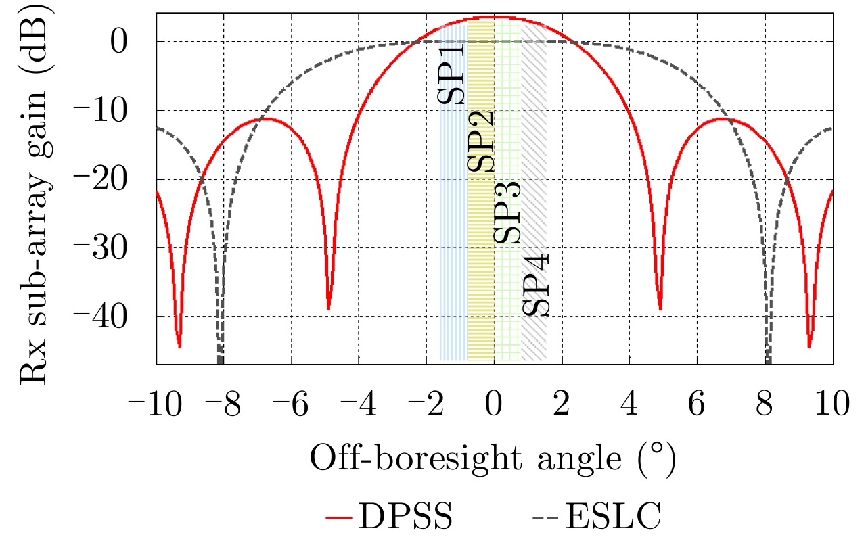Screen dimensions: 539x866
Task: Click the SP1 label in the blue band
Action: pos(451,72)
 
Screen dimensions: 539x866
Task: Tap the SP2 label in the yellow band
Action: pos(480,142)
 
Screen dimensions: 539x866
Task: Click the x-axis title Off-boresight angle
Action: pos(493,460)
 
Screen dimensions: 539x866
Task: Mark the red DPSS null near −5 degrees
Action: pos(328,308)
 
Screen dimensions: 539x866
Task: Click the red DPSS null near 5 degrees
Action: pos(660,308)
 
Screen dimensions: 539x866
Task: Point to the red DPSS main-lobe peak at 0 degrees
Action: pos(495,17)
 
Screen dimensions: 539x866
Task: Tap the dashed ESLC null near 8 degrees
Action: pos(768,358)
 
